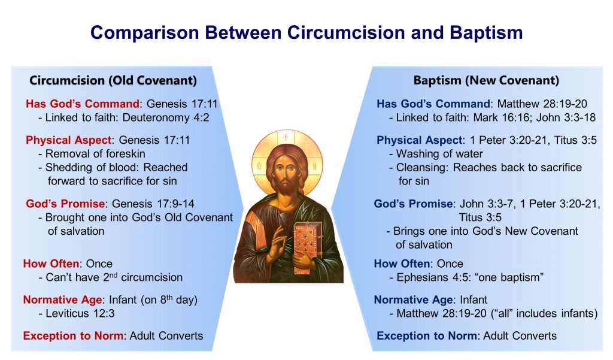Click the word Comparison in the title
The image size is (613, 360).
(145, 33)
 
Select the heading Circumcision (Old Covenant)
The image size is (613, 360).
(113, 81)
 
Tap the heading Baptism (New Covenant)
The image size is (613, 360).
(486, 81)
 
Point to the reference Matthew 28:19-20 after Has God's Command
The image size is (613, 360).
(542, 104)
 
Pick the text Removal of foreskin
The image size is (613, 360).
(95, 153)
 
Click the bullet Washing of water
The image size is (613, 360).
(439, 153)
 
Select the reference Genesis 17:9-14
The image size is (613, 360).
(153, 204)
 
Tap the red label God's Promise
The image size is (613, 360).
(65, 204)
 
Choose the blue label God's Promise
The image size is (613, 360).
(413, 204)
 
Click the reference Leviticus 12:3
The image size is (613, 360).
(80, 313)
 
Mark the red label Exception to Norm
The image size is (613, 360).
(73, 335)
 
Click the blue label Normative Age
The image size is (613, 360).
(413, 300)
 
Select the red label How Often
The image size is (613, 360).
(51, 264)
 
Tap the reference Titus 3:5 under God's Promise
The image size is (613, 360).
(480, 217)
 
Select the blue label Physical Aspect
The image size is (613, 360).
(419, 140)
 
